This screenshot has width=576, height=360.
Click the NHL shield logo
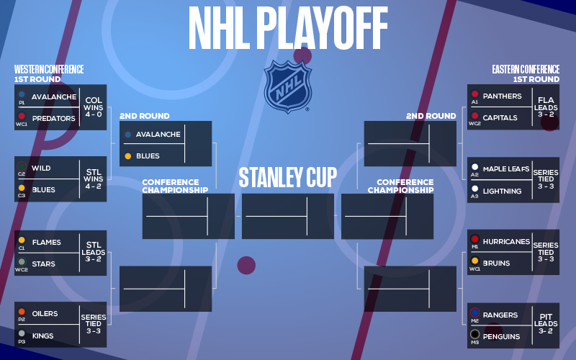tap(287, 86)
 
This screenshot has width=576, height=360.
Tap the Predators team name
tap(53, 119)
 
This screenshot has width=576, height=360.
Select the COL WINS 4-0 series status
tap(94, 107)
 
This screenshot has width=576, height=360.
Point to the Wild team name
tap(41, 168)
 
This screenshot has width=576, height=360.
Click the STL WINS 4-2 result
tap(94, 179)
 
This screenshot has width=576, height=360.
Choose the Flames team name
tap(47, 243)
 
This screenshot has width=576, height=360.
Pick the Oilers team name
tap(45, 314)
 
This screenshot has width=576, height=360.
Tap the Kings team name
tap(42, 336)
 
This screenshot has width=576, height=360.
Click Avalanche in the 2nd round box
tap(158, 135)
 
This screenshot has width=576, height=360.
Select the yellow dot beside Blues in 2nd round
tap(128, 156)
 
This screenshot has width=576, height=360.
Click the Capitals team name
tap(500, 118)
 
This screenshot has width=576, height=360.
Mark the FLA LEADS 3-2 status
tap(546, 107)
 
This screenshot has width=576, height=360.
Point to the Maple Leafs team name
tap(506, 169)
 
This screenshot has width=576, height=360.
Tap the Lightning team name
tap(502, 191)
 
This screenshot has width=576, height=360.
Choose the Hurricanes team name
tap(506, 242)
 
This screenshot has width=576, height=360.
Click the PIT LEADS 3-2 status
tap(546, 323)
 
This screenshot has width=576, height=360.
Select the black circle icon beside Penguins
tap(475, 334)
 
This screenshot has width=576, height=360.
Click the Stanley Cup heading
tap(287, 177)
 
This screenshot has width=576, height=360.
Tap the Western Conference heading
tap(49, 69)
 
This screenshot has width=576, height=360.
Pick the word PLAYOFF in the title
tap(325, 28)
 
